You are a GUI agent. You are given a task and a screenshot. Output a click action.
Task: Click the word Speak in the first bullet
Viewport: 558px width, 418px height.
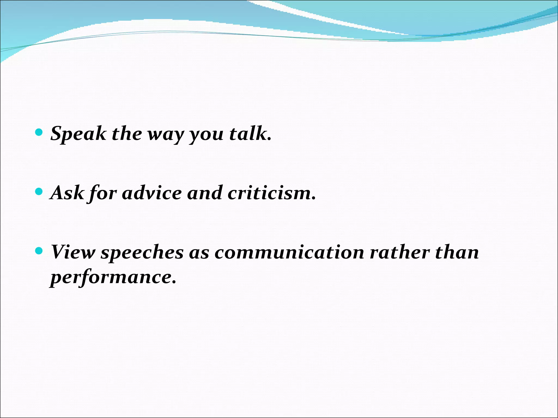tap(78, 134)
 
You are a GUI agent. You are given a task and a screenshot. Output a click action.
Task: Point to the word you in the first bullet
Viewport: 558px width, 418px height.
tap(206, 135)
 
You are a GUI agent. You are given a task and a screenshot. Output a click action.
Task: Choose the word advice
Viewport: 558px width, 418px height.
tap(151, 193)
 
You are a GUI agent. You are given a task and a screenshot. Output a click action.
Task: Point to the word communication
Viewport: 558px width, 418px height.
tap(289, 252)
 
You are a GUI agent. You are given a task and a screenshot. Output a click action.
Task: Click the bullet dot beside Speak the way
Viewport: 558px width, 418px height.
tap(39, 133)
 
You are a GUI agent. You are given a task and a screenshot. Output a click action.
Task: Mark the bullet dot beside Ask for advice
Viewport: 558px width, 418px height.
tap(39, 192)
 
